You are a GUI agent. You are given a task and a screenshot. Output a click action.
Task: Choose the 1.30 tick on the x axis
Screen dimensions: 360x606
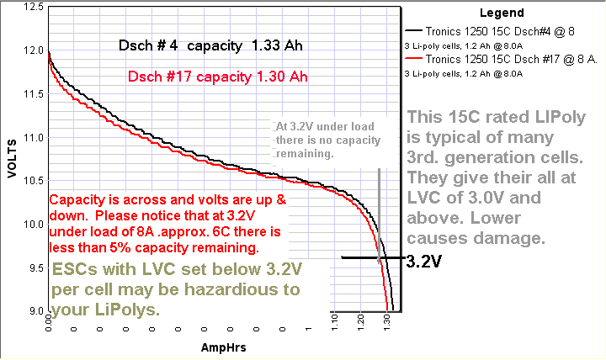(x=386, y=323)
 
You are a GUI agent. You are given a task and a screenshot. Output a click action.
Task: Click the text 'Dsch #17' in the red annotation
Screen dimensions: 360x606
(x=155, y=77)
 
